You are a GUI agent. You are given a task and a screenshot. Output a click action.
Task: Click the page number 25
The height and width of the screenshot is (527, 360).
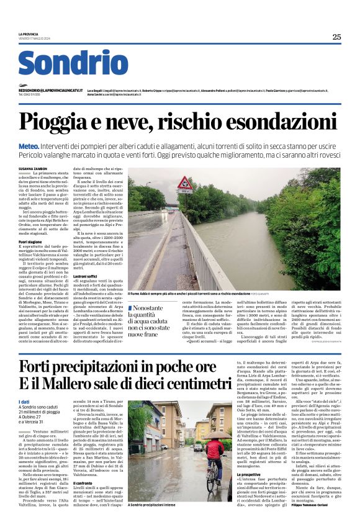point(336,37)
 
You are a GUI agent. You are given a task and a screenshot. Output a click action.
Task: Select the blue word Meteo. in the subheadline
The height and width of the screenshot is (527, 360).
point(29,145)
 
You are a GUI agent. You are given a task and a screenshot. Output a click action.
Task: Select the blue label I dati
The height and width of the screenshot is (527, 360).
point(24,403)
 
